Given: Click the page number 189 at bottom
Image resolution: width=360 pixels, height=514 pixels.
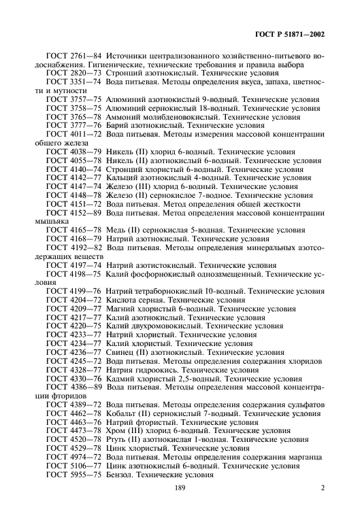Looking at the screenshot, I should (180, 488).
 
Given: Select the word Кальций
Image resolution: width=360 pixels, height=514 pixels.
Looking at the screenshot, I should (123, 178).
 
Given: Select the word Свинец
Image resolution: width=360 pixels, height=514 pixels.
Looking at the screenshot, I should (122, 352).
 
